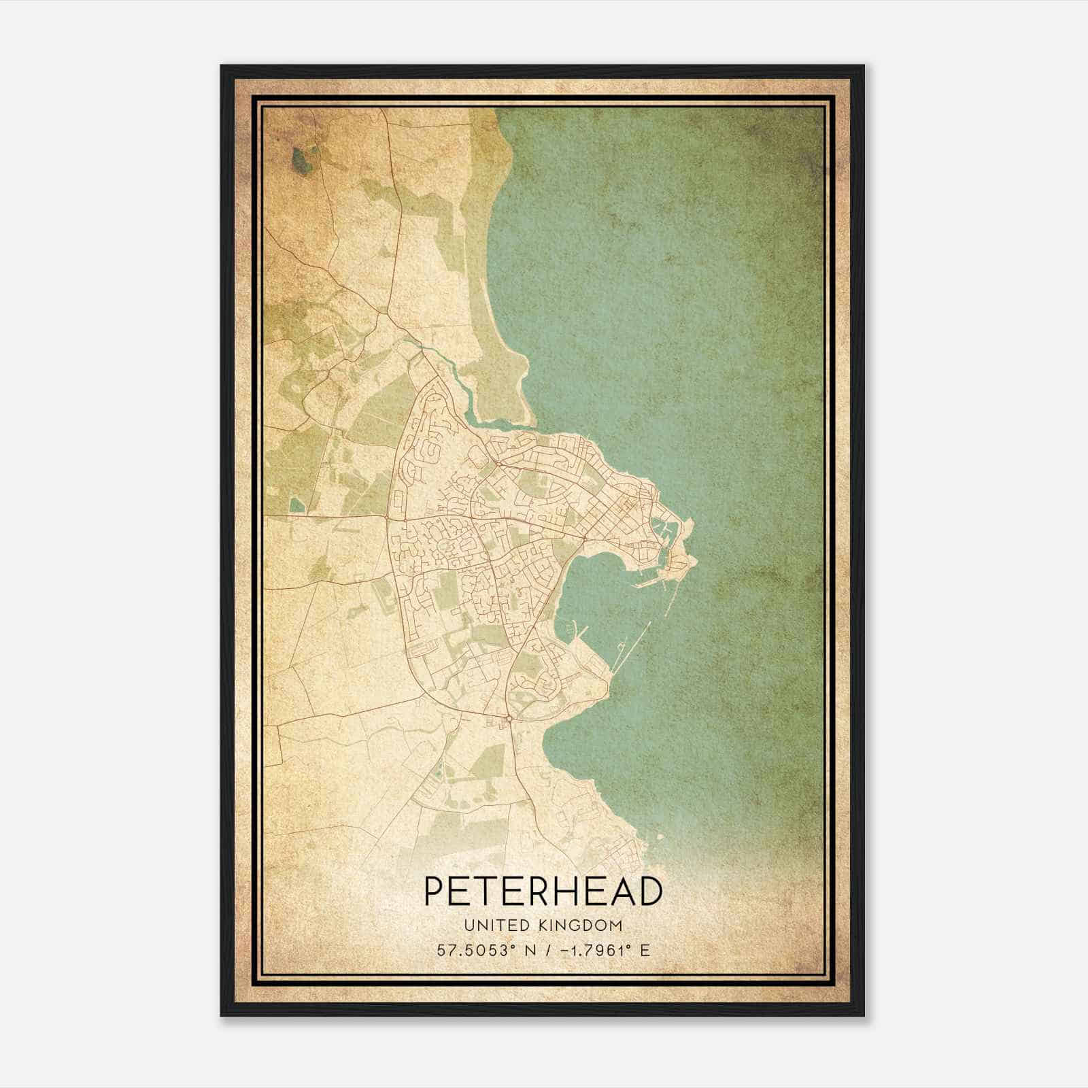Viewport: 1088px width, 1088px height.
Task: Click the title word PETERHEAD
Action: point(543,891)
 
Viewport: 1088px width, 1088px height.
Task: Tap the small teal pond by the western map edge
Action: point(297,505)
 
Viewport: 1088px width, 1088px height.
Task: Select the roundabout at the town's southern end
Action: point(509,718)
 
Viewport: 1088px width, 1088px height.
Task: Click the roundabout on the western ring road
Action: point(405,518)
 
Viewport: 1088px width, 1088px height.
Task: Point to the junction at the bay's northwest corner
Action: point(585,537)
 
